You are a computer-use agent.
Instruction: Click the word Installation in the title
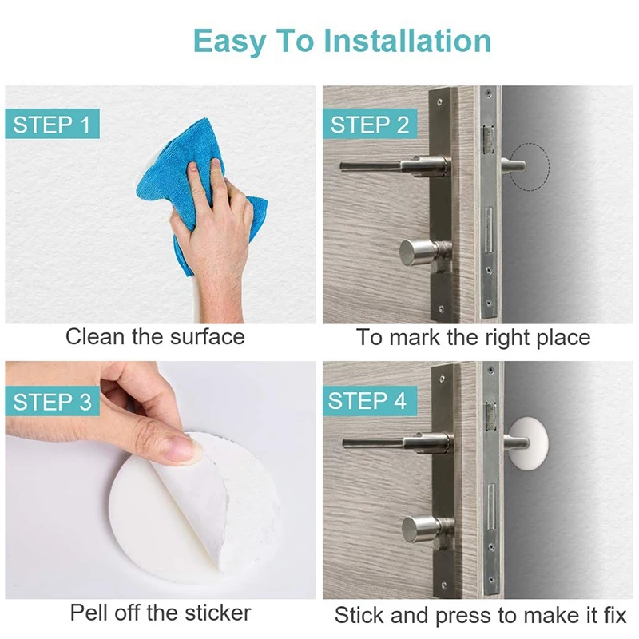point(407,42)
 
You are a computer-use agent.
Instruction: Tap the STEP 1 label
point(52,124)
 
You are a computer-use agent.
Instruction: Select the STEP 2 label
point(370,124)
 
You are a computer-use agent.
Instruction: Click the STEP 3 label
point(52,402)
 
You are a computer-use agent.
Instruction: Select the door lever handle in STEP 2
point(395,166)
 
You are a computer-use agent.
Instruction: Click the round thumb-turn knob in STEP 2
point(420,252)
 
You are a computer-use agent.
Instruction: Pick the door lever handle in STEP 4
point(397,443)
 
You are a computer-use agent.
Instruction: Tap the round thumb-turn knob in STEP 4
point(422,529)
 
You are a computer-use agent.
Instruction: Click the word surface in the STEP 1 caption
point(207,337)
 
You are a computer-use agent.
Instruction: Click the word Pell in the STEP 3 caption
point(89,612)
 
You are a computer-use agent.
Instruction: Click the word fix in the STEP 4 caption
point(613,615)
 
